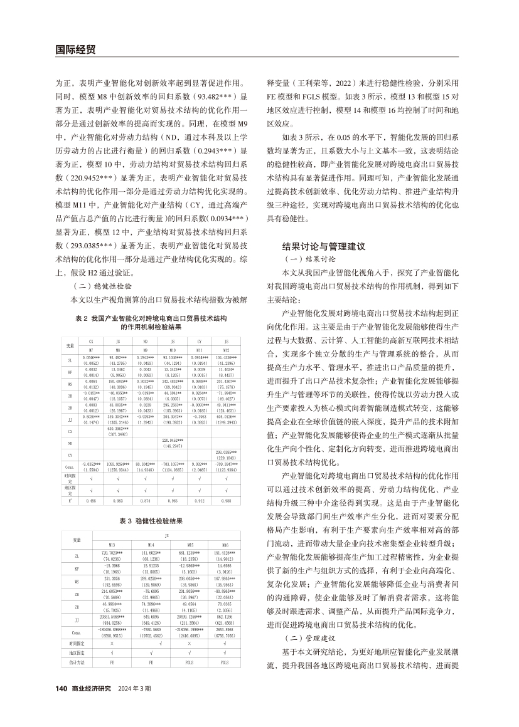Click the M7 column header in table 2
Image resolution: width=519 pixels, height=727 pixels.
click(91, 350)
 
